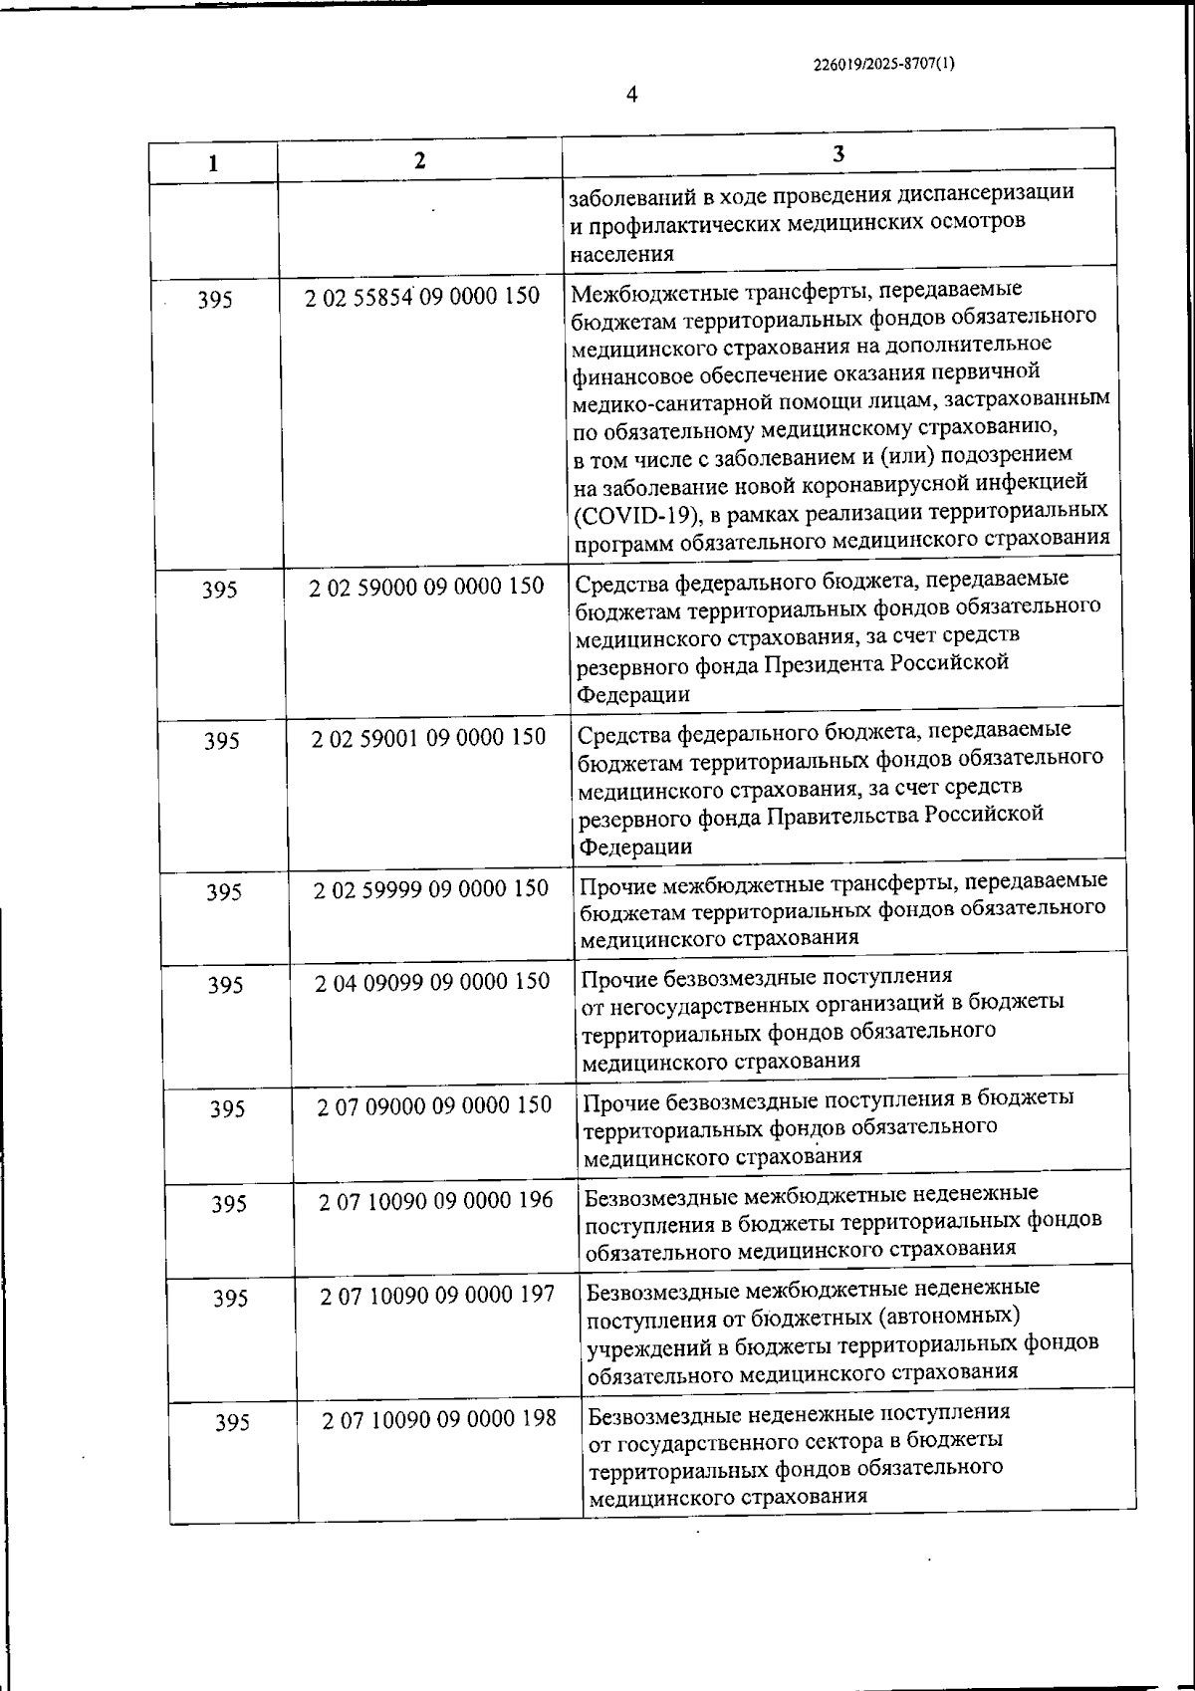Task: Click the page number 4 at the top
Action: click(x=631, y=95)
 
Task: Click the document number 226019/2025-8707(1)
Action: click(x=884, y=65)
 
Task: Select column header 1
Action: click(x=213, y=163)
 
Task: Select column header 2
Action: click(x=419, y=160)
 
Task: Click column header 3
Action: click(x=837, y=153)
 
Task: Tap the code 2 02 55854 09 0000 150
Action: click(x=423, y=296)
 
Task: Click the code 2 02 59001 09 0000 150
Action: click(x=428, y=738)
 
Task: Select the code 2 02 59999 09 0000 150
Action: click(x=431, y=888)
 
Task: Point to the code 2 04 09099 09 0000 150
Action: click(x=432, y=982)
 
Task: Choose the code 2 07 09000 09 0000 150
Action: click(x=434, y=1105)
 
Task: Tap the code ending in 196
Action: click(x=435, y=1201)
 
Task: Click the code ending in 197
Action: click(x=437, y=1296)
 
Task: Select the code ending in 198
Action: click(x=438, y=1419)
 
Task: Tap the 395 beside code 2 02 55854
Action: click(x=216, y=299)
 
